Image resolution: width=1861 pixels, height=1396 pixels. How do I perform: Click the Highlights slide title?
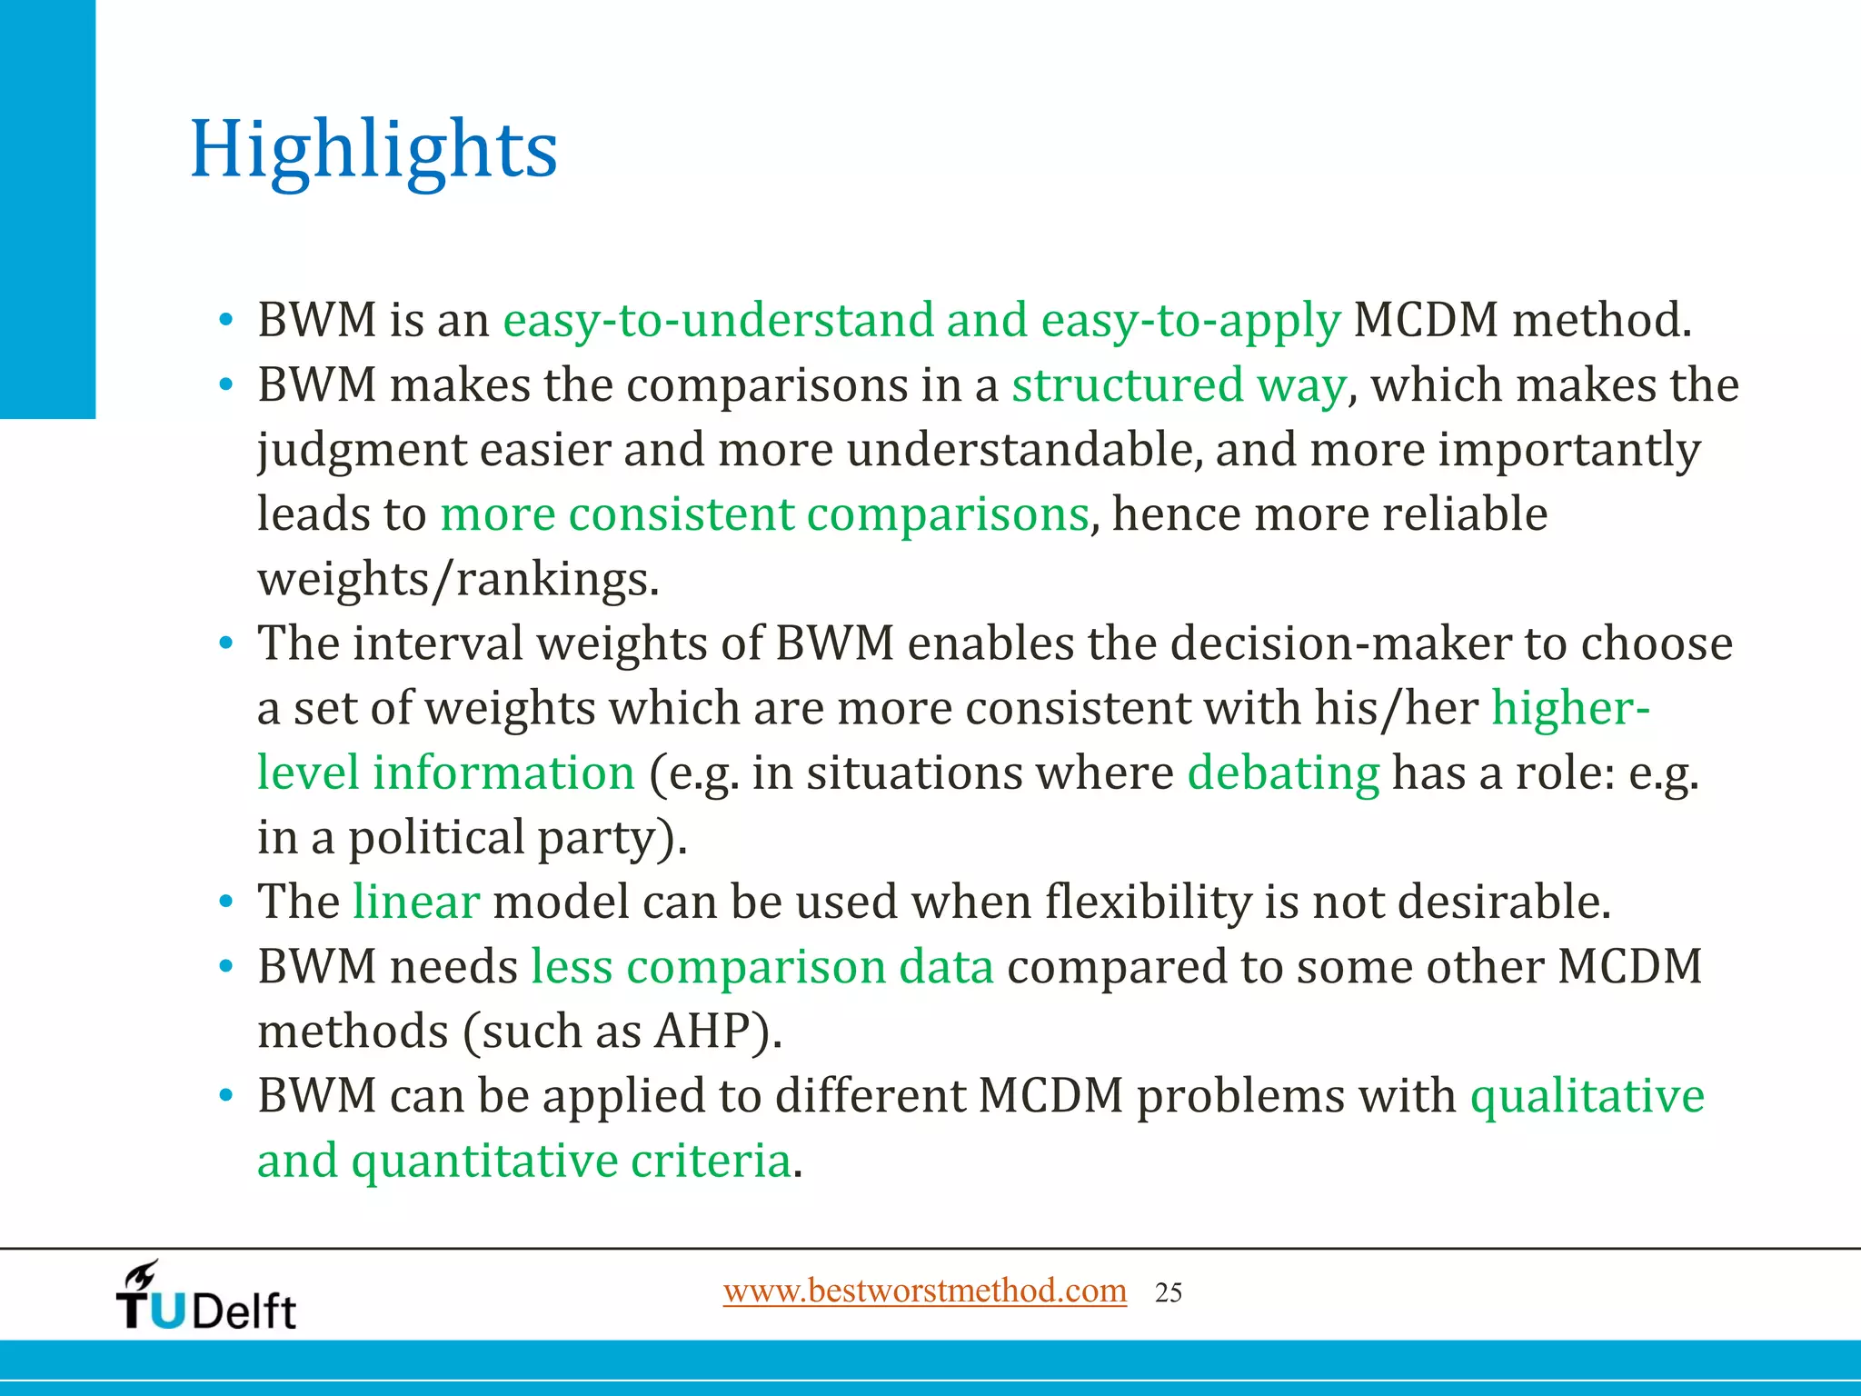(x=373, y=150)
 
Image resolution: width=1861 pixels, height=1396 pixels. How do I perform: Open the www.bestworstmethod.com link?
(x=924, y=1291)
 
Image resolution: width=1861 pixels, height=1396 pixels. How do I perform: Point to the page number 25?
(x=1169, y=1292)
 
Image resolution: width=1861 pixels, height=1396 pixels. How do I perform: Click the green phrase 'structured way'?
(x=1179, y=384)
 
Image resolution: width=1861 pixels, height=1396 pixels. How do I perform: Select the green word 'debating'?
(x=1283, y=773)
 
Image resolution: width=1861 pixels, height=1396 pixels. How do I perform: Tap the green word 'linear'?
(x=416, y=902)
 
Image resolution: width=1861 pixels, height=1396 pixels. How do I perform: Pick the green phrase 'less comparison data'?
(x=762, y=966)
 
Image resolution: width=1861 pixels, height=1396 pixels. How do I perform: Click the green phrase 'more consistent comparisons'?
(x=764, y=514)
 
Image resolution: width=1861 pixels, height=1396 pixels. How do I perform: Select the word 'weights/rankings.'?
(x=458, y=579)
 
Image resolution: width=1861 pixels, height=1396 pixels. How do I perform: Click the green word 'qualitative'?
(x=1587, y=1095)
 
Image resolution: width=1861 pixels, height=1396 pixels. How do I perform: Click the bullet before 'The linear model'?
(x=225, y=903)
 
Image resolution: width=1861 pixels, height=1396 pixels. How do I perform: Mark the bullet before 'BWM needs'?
(x=225, y=968)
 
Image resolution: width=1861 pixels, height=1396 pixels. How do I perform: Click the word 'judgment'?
(x=361, y=451)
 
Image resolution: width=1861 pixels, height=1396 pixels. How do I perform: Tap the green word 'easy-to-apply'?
(x=1190, y=320)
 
